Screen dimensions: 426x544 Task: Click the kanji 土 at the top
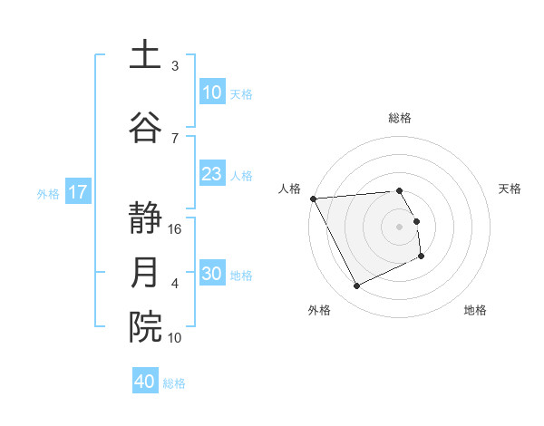[x=145, y=56]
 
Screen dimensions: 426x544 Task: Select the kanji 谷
[x=145, y=127]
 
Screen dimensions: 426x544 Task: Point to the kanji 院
[x=145, y=328]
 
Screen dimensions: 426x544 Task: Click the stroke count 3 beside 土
[x=175, y=66]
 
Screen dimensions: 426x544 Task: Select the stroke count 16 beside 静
[x=175, y=229]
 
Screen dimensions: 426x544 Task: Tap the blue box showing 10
[x=212, y=92]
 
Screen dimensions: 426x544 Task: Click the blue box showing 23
[x=212, y=174]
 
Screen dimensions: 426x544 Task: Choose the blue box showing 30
[x=212, y=274]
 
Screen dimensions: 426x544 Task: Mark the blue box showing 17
[x=78, y=192]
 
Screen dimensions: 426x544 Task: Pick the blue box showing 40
[x=145, y=382]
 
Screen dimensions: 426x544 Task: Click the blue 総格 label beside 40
[x=174, y=383]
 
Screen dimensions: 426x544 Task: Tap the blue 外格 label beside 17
[x=48, y=193]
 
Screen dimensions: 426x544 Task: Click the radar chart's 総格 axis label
[x=399, y=118]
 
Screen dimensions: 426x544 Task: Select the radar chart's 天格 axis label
[x=510, y=189]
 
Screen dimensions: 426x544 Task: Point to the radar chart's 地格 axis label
[x=475, y=311]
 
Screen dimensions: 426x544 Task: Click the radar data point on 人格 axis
[x=313, y=198]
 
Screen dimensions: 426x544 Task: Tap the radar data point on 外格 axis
[x=356, y=286]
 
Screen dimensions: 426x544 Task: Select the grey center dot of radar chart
[x=399, y=227]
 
